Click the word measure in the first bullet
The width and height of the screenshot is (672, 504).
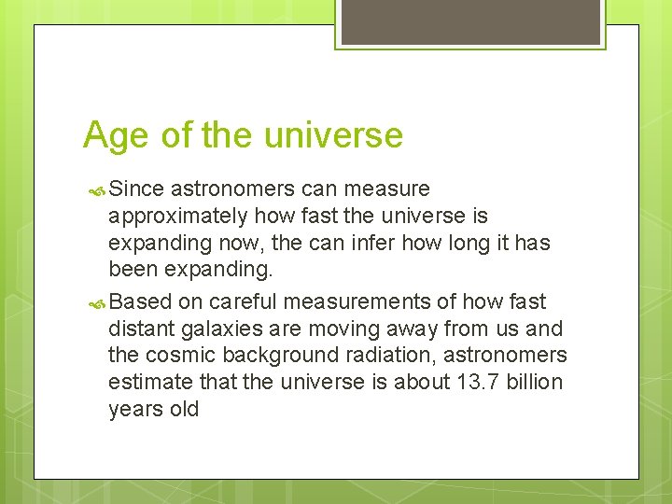click(387, 189)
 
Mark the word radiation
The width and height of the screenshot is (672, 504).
click(398, 356)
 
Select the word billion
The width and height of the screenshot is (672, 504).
click(532, 383)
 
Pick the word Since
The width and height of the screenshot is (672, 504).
click(137, 189)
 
